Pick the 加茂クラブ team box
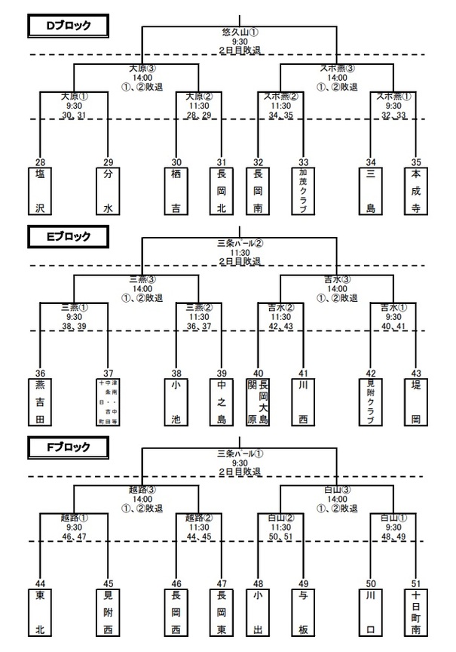(x=304, y=190)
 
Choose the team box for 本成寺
(x=415, y=190)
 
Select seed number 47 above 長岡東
(x=221, y=582)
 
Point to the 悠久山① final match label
(x=240, y=32)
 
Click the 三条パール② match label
(x=240, y=243)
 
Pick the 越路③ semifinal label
(x=136, y=489)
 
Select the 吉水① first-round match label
(x=393, y=308)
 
